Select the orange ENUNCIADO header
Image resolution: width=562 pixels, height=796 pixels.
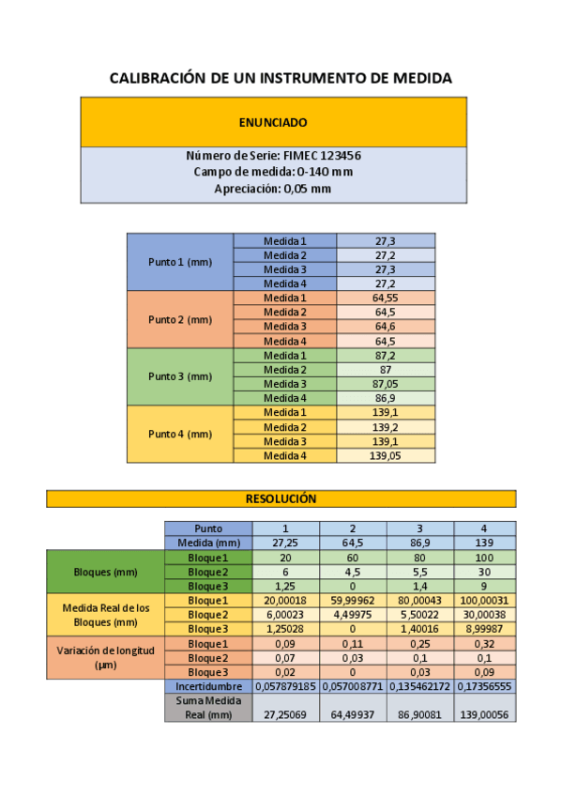273,122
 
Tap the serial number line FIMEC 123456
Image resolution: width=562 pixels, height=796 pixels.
273,155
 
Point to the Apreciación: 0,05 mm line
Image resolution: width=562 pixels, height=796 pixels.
273,189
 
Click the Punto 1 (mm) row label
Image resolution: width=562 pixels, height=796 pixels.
180,262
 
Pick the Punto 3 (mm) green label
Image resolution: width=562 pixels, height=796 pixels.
180,376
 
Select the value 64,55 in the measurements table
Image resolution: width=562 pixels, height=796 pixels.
385,298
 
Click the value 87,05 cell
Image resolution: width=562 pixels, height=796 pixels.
385,384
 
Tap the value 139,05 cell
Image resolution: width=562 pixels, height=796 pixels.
385,456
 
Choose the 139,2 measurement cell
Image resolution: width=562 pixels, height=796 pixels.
385,427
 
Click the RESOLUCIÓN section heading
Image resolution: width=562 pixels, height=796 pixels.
281,498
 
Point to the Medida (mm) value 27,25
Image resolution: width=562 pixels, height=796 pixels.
285,543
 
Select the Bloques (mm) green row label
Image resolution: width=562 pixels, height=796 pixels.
105,572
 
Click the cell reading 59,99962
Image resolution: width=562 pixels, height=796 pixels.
353,601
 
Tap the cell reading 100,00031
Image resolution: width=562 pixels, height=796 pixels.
484,601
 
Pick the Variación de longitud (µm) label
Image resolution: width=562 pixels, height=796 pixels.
105,657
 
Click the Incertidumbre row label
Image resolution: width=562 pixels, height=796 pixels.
208,687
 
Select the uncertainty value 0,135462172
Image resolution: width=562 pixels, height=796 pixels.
419,687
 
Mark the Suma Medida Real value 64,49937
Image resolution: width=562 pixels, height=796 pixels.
353,714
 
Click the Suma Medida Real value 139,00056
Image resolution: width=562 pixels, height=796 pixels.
484,714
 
